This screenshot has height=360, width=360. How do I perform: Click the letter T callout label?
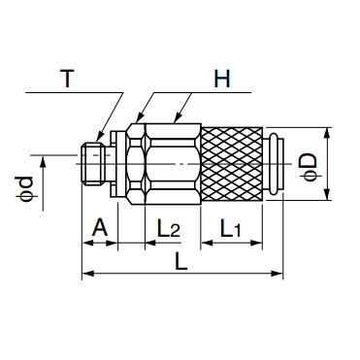(67, 79)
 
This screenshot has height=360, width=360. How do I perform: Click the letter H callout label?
(222, 79)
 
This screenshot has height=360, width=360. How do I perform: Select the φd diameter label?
(25, 188)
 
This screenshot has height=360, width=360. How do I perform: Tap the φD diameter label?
(310, 167)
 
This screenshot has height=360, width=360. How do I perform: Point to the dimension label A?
(99, 228)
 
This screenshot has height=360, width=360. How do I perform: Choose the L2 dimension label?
(168, 228)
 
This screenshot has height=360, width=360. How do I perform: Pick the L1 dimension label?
(231, 228)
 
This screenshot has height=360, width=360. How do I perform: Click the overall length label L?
(181, 261)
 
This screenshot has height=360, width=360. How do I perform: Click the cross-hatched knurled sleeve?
(232, 164)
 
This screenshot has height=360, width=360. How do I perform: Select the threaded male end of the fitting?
(93, 164)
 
